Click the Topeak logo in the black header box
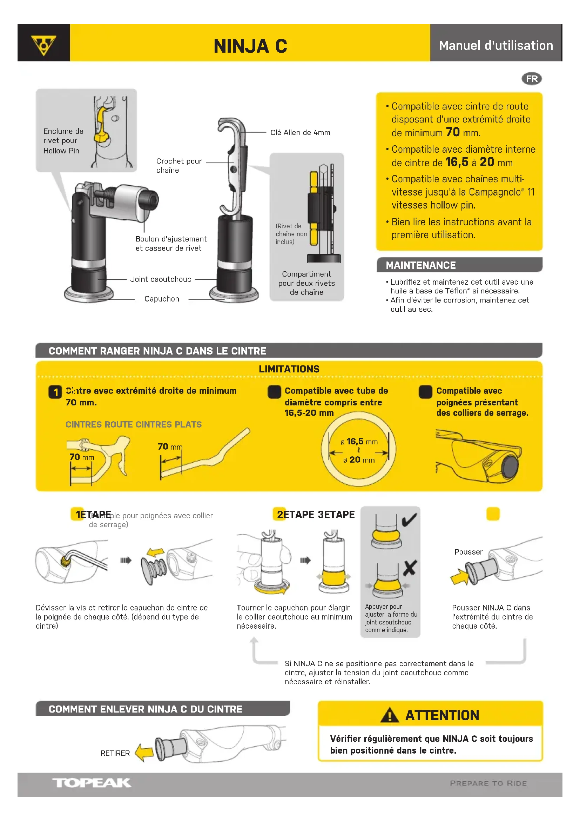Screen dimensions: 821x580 pyautogui.click(x=43, y=45)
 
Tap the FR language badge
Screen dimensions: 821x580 pyautogui.click(x=531, y=79)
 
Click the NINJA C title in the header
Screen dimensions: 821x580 pyautogui.click(x=250, y=46)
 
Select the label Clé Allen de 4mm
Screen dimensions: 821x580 pyautogui.click(x=300, y=133)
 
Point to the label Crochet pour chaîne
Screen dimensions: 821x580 pyautogui.click(x=178, y=166)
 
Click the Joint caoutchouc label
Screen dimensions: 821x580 pyautogui.click(x=160, y=279)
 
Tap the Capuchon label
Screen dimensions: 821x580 pyautogui.click(x=162, y=299)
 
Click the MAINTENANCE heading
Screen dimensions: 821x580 pyautogui.click(x=420, y=265)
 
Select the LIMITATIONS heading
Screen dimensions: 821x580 pyautogui.click(x=289, y=369)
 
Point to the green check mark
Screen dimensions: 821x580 pyautogui.click(x=409, y=520)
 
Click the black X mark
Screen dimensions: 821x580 pyautogui.click(x=410, y=568)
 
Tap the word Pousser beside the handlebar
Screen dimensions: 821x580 pyautogui.click(x=468, y=552)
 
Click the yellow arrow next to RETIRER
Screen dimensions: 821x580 pyautogui.click(x=144, y=753)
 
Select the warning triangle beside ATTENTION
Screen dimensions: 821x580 pyautogui.click(x=389, y=715)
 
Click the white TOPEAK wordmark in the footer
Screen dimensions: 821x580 pyautogui.click(x=92, y=783)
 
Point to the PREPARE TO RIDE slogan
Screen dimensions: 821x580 pyautogui.click(x=488, y=783)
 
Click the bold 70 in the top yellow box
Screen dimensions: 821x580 pyautogui.click(x=452, y=132)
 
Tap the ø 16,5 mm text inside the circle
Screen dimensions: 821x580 pyautogui.click(x=359, y=442)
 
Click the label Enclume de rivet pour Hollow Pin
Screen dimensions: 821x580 pyautogui.click(x=63, y=141)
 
